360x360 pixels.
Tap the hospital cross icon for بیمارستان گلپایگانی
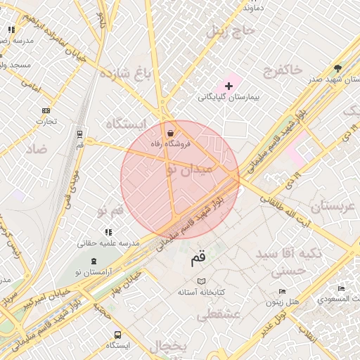[x=229, y=85]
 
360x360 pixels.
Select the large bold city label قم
[x=198, y=259]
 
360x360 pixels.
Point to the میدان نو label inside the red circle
[x=187, y=169]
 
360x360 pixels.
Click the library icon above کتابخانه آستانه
[x=202, y=281]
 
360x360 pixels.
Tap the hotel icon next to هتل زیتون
[x=282, y=291]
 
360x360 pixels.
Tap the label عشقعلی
[x=218, y=315]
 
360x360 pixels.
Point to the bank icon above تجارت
[x=46, y=110]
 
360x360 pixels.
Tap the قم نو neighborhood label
[x=109, y=210]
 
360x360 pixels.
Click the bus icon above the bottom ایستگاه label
[x=117, y=335]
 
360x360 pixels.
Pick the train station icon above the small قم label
[x=79, y=134]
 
